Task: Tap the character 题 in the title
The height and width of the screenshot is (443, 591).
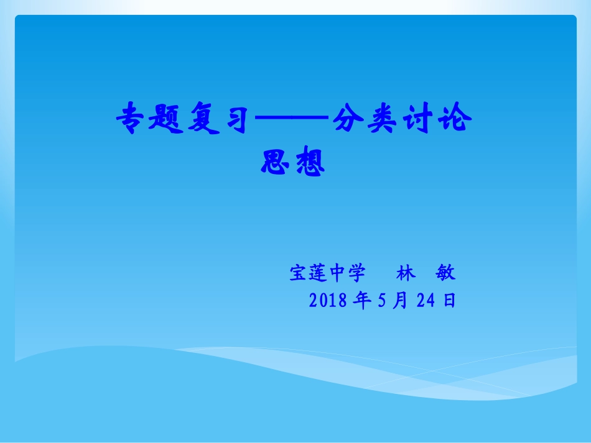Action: click(169, 119)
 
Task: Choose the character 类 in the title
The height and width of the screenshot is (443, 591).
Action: click(383, 119)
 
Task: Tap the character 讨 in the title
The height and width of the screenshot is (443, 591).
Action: click(417, 119)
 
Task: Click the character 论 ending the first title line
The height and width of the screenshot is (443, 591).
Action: click(453, 119)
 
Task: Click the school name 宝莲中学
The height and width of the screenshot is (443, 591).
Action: click(327, 273)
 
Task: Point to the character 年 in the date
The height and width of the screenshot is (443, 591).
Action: click(361, 301)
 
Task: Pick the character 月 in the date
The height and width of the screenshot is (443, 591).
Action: click(400, 301)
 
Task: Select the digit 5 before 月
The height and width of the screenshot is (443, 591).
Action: click(382, 301)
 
